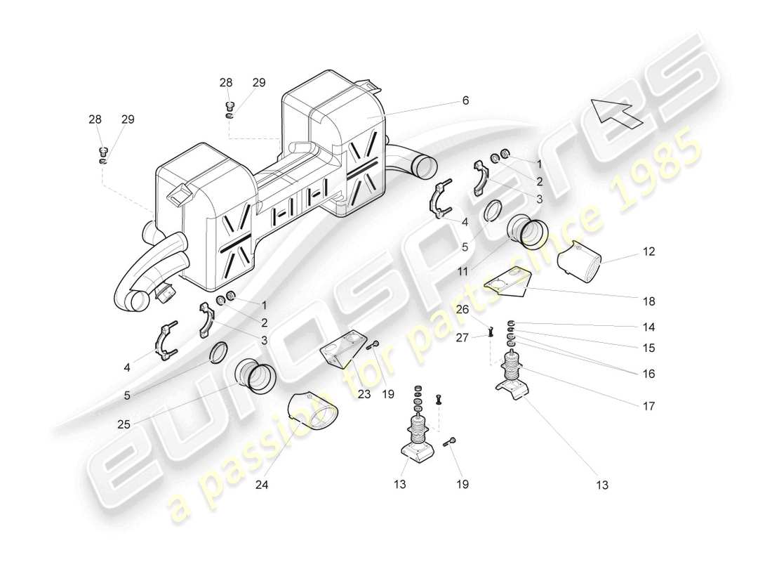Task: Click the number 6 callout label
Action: click(465, 100)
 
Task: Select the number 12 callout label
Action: click(649, 251)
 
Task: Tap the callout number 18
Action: click(648, 301)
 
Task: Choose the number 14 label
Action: click(648, 327)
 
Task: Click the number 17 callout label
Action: click(648, 405)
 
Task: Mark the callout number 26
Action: click(462, 308)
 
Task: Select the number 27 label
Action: click(462, 337)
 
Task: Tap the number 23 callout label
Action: click(364, 394)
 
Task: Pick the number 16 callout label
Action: click(648, 374)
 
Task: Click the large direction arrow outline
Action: click(617, 112)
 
